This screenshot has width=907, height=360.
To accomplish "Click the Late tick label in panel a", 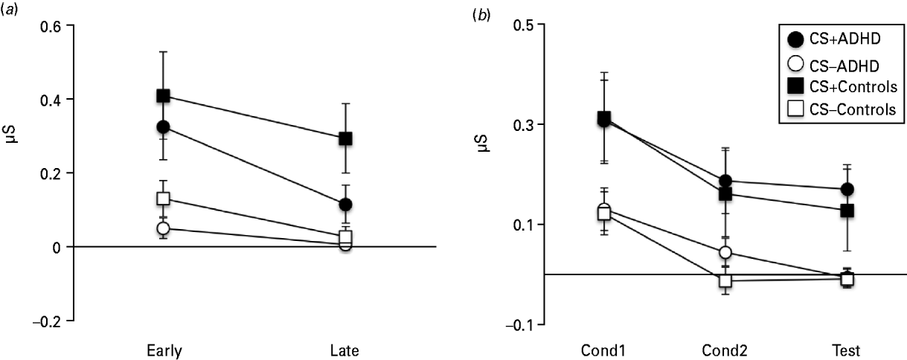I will coord(344,350).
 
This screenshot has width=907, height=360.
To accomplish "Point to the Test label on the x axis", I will coord(847,350).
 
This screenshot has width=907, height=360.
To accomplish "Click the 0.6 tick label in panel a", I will coord(54,26).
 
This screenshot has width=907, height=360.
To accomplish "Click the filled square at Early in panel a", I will coord(164,96).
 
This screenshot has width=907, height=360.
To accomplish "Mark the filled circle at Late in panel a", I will coord(344,205).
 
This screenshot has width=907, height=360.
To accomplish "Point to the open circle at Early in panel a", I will coord(164,228).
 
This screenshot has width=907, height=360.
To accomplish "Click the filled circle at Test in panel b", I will coord(847,190).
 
